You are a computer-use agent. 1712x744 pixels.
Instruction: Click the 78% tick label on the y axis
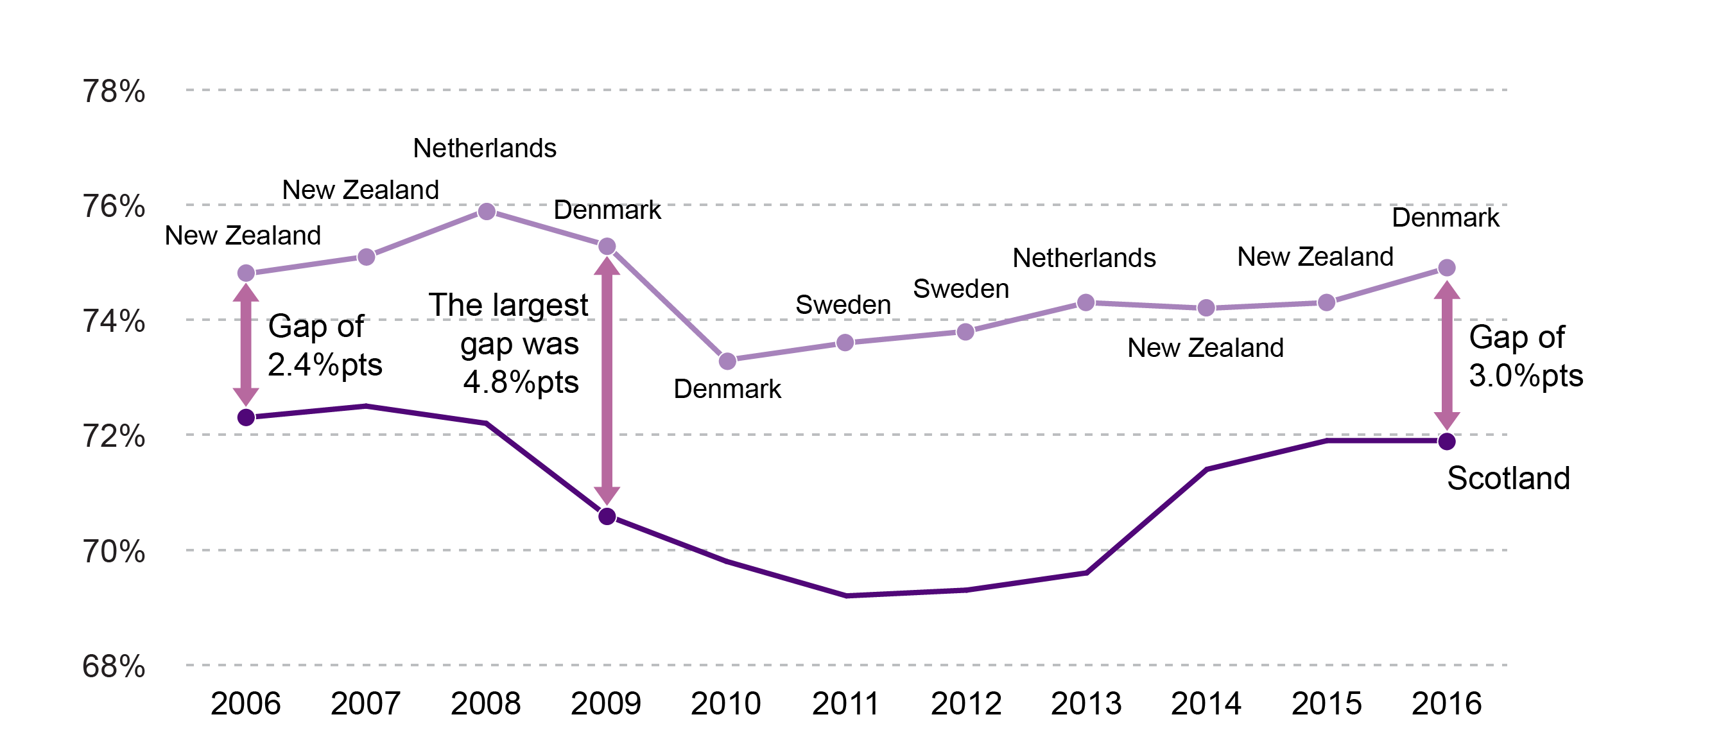click(x=114, y=91)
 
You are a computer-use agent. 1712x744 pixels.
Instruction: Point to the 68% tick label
click(x=114, y=666)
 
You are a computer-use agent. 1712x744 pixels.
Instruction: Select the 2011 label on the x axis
click(x=845, y=704)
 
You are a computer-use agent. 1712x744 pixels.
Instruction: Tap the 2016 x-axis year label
click(x=1446, y=704)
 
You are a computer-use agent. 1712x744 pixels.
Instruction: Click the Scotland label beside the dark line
click(x=1508, y=478)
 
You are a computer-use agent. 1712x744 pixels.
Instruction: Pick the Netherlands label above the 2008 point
click(x=485, y=148)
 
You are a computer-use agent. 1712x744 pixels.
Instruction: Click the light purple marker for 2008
click(x=487, y=211)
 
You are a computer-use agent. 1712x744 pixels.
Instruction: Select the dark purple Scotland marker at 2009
click(x=607, y=516)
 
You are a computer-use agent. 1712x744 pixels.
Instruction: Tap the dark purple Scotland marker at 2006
click(x=246, y=417)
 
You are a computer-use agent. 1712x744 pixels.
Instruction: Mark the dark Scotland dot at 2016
click(x=1446, y=441)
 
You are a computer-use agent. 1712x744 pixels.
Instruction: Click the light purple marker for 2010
click(x=727, y=361)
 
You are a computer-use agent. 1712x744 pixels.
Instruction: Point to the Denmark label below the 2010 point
click(x=727, y=389)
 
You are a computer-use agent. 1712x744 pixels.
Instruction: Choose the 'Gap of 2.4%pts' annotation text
click(x=324, y=346)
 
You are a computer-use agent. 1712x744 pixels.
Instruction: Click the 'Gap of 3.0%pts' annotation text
click(x=1525, y=356)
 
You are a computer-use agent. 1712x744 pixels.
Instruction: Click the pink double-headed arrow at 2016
click(x=1446, y=356)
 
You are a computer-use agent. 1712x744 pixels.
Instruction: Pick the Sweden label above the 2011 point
click(x=843, y=304)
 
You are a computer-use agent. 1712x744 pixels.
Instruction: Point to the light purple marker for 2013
click(x=1085, y=302)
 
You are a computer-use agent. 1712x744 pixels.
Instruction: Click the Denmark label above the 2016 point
click(x=1445, y=218)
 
